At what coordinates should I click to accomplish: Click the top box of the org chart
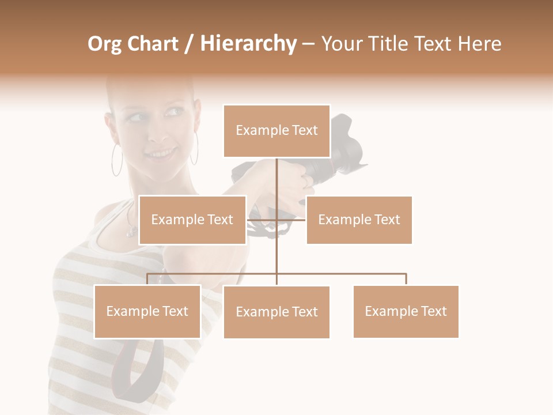[276, 131]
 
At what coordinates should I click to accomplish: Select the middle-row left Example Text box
[192, 220]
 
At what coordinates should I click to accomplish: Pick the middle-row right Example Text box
[359, 220]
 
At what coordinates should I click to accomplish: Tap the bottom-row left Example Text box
[147, 311]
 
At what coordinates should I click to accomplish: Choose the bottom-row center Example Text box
[276, 312]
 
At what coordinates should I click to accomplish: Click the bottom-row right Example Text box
[406, 311]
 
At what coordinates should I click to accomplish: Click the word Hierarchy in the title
[248, 44]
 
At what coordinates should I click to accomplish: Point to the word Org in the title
[104, 44]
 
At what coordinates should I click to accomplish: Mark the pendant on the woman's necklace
[132, 232]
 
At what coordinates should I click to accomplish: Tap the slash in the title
[188, 44]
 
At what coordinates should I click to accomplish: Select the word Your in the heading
[343, 44]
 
